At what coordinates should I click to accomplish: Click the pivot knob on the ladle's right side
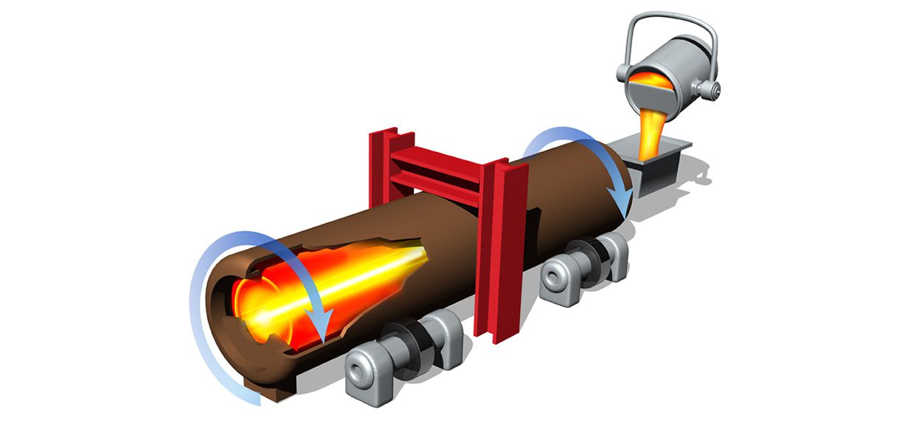[x=710, y=90]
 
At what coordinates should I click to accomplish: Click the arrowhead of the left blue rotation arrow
[x=319, y=324]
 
